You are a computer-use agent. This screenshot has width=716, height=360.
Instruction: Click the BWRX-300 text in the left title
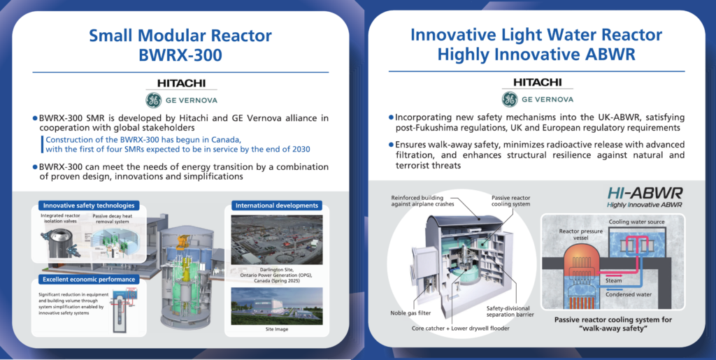point(180,55)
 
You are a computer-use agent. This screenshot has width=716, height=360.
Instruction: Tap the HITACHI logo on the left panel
point(181,83)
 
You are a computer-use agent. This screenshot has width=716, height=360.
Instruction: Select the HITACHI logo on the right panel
point(538,82)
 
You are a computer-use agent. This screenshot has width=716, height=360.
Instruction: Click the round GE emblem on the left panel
point(153,100)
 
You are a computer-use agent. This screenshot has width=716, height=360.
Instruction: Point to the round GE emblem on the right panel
point(510,99)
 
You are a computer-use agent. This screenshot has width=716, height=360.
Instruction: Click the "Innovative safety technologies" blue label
point(89,206)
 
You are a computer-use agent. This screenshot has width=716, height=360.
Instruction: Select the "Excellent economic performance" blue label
point(89,279)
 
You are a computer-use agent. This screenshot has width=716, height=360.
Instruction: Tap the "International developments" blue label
point(277,206)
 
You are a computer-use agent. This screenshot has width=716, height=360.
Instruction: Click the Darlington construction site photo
point(277,240)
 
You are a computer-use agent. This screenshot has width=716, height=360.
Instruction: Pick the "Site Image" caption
point(277,329)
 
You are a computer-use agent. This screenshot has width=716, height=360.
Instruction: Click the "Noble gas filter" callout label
point(410,313)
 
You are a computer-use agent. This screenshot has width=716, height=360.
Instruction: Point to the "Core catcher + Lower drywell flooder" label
point(461,328)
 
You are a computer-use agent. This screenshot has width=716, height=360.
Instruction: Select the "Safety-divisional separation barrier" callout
point(510,311)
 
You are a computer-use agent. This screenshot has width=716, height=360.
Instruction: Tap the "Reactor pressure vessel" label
point(581,235)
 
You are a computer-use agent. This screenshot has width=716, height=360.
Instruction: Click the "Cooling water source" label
point(636,222)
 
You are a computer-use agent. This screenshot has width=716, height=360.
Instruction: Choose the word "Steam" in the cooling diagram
point(614,280)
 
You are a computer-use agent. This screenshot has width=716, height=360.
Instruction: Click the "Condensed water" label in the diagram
point(629,294)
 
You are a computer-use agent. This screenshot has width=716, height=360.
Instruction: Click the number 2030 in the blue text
point(300,149)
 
